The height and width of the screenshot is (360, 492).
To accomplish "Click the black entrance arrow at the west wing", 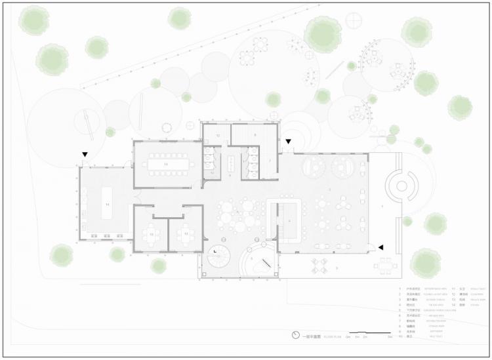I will pos(85,155).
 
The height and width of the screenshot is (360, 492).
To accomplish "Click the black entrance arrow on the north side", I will pos(287,141).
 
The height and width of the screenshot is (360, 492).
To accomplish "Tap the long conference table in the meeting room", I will pos(167,163).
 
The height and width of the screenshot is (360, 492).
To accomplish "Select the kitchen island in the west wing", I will pos(106,204).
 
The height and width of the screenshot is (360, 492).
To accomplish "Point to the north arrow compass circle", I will pos(296,335).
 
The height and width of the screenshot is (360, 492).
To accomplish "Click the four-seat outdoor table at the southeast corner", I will pos(386,266).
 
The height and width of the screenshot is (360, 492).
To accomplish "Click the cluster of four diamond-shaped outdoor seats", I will pos(319,266).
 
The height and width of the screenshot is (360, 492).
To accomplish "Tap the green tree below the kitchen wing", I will pos(62,255).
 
